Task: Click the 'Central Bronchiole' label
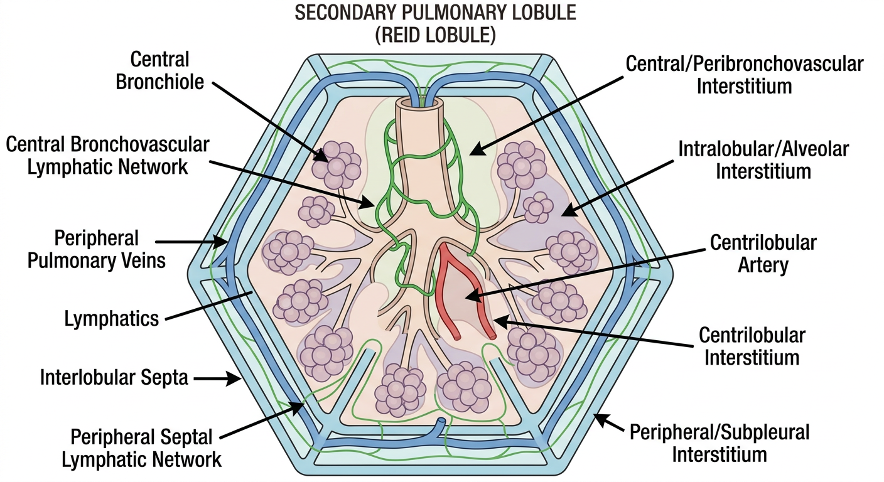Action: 160,70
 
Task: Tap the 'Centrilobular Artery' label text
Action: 763,253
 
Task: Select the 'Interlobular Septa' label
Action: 114,377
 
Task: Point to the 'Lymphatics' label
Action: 111,318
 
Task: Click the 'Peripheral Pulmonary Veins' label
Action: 96,249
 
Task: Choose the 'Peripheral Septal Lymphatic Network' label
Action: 141,449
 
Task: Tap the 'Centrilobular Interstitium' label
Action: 752,346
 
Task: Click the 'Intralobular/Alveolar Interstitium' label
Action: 763,160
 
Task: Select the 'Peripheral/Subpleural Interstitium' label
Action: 720,443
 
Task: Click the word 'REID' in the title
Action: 403,36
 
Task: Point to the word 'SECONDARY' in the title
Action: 345,13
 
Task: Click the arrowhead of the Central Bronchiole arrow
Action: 321,156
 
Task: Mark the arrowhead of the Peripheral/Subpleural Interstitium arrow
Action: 601,420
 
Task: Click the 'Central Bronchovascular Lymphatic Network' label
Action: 107,156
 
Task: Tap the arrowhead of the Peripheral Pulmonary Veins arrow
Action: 220,242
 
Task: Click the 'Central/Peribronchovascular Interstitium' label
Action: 744,75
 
